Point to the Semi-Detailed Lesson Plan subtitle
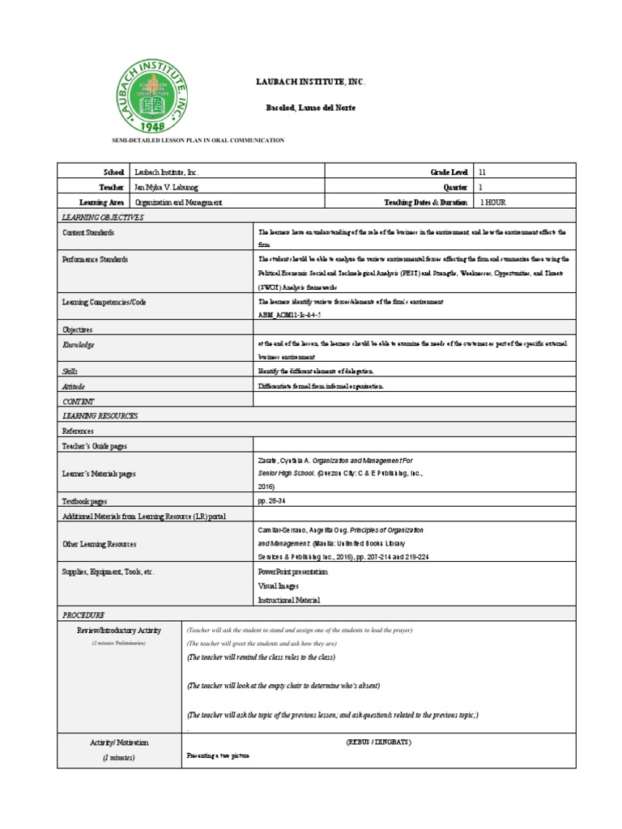(198, 140)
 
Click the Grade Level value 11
(484, 172)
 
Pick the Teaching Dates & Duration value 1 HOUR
(493, 202)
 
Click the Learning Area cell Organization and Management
(178, 202)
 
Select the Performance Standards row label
(95, 260)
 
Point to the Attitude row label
(74, 387)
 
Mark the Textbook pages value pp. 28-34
(269, 502)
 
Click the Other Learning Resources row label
(100, 545)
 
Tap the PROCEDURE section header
(83, 615)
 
